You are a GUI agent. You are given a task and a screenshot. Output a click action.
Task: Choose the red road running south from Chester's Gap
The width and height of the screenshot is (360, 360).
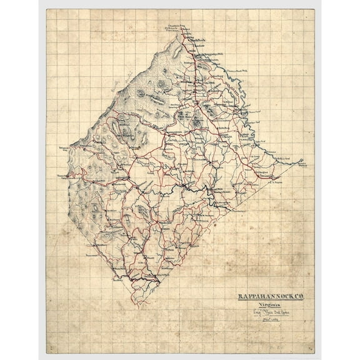click(x=193, y=75)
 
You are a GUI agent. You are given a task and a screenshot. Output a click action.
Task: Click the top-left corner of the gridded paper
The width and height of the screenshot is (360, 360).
click(x=47, y=9)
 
